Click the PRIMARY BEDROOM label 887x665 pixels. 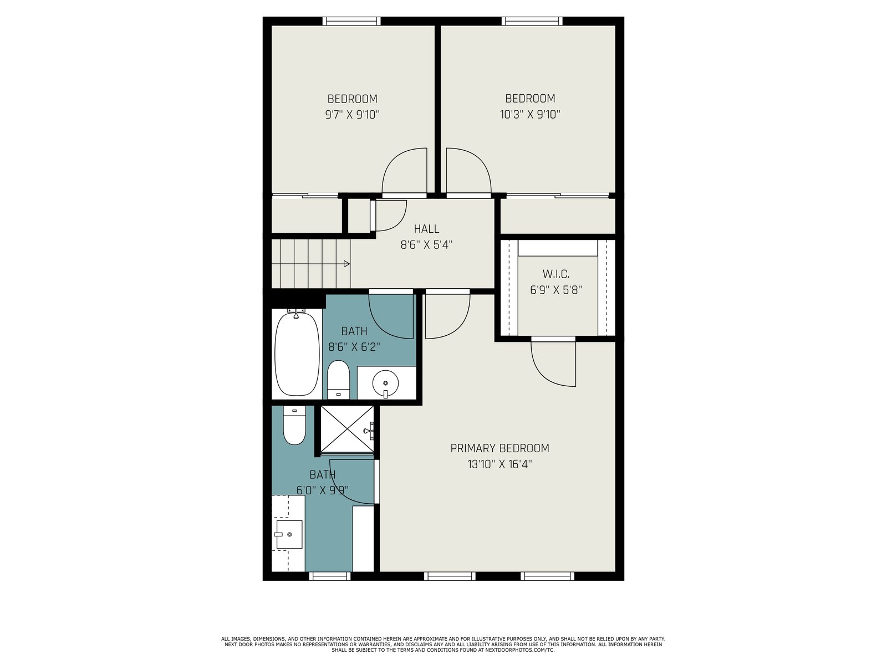coord(499,448)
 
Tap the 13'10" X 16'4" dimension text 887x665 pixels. coord(499,464)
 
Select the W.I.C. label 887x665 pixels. coord(556,274)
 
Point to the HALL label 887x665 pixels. coord(426,229)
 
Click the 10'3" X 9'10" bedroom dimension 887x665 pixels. coord(530,114)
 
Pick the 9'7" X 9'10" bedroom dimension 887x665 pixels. coord(353,115)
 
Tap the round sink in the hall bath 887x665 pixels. coord(385,382)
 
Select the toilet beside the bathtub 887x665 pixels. coord(338,380)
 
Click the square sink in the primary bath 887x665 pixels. coord(289,534)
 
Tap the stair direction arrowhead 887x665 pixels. coord(346,264)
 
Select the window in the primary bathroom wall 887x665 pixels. coord(330,576)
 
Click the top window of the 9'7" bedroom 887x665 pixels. coord(351,21)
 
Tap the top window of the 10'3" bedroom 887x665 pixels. coord(532,21)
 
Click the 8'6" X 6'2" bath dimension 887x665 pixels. coord(354,347)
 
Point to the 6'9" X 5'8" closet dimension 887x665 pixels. coord(556,290)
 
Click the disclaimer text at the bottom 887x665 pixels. coord(443,644)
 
